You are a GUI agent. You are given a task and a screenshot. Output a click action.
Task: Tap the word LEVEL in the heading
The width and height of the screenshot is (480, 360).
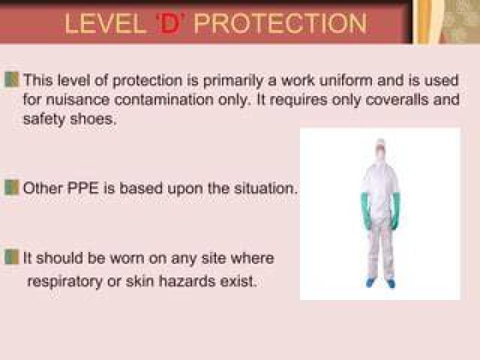pos(105,23)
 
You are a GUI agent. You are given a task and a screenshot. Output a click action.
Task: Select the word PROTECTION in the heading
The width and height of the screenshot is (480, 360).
pos(280,23)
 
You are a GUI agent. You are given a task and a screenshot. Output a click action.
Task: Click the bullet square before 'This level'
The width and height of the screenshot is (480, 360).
pos(11,79)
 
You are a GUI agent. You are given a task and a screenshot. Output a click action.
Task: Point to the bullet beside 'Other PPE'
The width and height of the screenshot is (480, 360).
pos(11,187)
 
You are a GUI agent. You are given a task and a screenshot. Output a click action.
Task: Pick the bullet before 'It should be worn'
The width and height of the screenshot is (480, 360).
pos(11,257)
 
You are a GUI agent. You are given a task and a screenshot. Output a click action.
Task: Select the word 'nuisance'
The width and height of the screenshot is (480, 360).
pos(77,100)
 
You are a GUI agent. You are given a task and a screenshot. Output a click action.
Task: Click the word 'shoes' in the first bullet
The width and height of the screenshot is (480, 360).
pos(93,119)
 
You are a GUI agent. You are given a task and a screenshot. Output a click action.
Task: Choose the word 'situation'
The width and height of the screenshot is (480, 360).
pos(266,188)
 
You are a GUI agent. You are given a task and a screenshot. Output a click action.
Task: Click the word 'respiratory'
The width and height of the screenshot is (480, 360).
pos(65,281)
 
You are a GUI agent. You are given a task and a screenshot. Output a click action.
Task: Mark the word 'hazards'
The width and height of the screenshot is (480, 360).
pos(187,281)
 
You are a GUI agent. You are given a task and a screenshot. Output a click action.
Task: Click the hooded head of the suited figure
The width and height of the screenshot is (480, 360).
pos(381,151)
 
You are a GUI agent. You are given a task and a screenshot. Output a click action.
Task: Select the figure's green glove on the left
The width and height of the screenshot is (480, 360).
pos(367,211)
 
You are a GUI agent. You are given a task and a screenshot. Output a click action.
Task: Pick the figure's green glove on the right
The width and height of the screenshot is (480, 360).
pos(395,211)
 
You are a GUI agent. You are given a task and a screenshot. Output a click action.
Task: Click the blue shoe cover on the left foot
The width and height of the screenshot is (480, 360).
pos(371,283)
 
